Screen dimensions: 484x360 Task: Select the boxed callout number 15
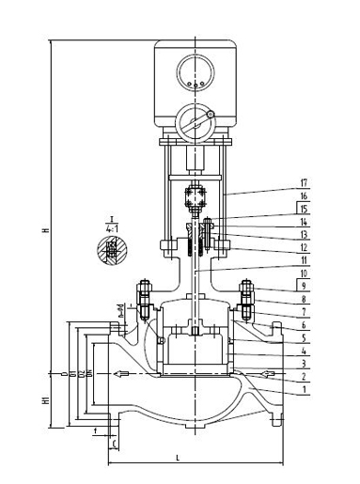coord(303,208)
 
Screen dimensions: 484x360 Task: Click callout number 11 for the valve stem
coord(303,258)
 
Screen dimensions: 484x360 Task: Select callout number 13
coord(303,233)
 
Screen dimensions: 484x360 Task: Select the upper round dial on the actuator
coord(196,71)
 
